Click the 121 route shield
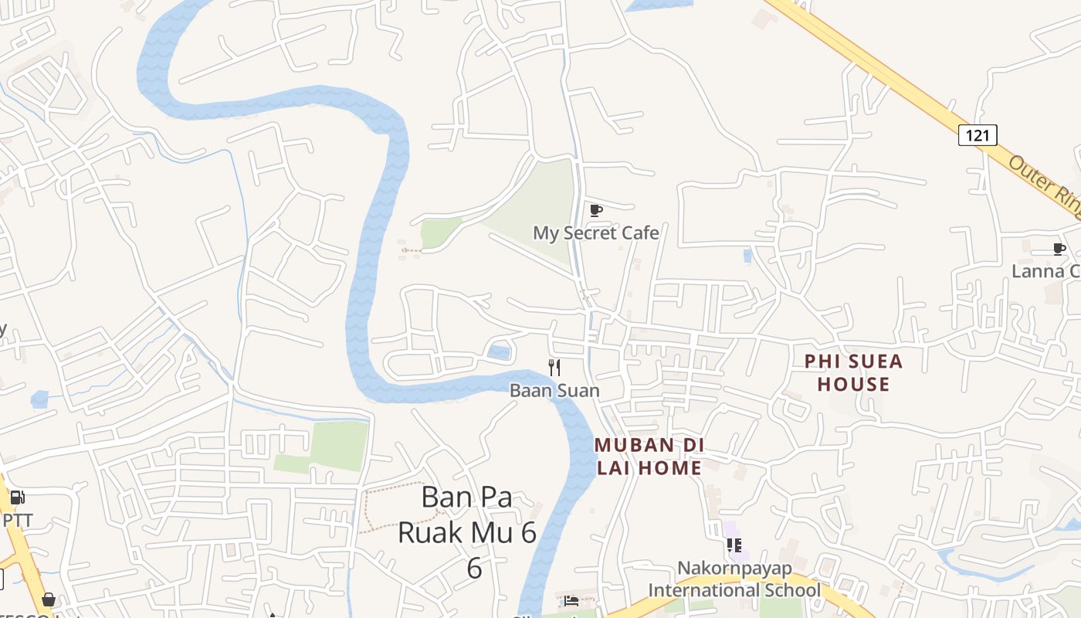point(978,135)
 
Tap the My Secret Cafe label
point(596,233)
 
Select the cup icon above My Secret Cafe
point(595,210)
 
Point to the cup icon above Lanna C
point(1059,249)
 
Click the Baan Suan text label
point(554,390)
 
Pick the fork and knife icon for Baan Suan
point(554,368)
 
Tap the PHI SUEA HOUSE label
point(853,372)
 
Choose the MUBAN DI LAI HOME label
point(649,456)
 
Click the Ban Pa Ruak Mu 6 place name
point(468,531)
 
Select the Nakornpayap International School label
point(734,579)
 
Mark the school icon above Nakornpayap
point(734,545)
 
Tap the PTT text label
point(18,520)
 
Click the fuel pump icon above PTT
point(17,498)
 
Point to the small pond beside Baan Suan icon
point(499,353)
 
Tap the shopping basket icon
point(49,599)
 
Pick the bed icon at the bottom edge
point(571,601)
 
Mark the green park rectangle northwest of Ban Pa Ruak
point(332,447)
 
